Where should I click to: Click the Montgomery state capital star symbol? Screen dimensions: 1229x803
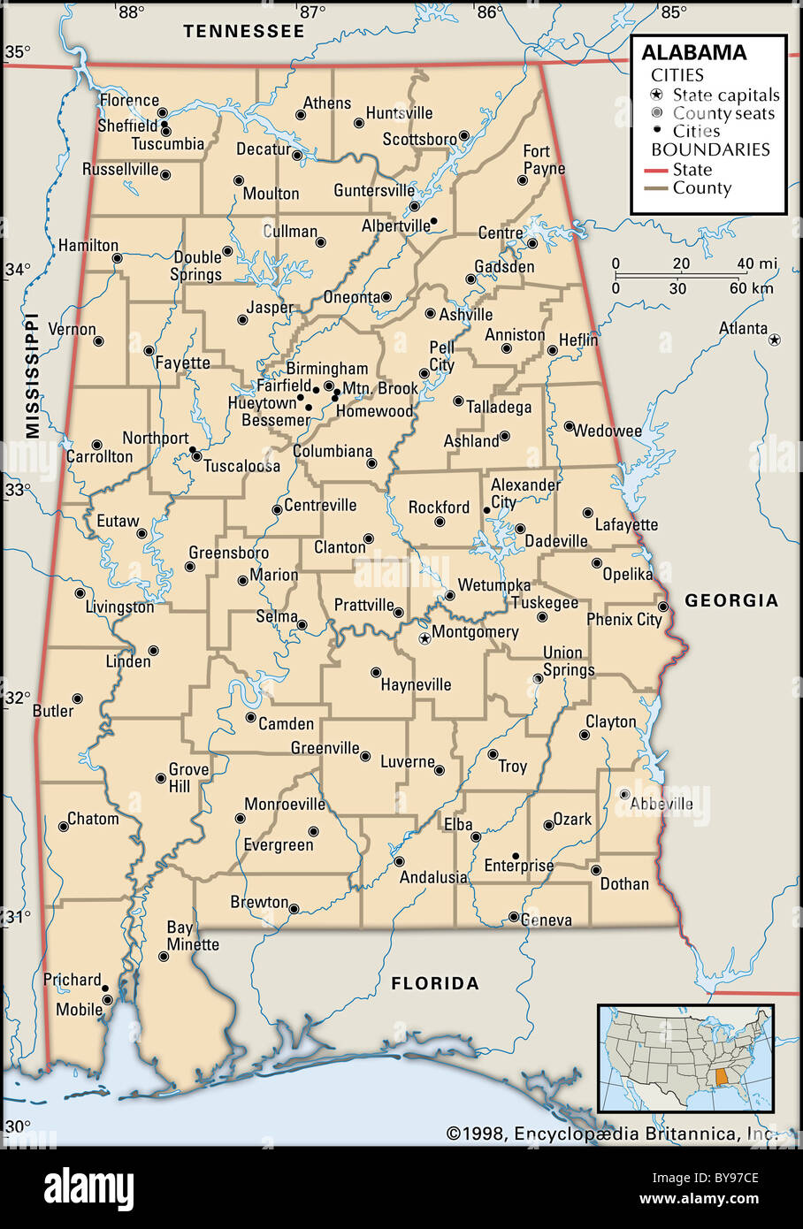[x=424, y=637]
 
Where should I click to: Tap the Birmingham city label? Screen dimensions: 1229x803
[x=326, y=369]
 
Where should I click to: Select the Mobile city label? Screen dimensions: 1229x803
[x=79, y=1009]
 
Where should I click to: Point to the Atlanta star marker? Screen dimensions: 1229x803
[x=775, y=340]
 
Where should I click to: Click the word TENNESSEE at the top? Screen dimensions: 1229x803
[x=243, y=31]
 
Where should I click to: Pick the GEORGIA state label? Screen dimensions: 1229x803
[x=731, y=600]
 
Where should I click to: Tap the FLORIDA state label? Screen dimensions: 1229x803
[x=435, y=982]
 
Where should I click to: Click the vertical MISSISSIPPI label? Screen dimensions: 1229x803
[x=33, y=376]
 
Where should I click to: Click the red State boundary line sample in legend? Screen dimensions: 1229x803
[x=655, y=170]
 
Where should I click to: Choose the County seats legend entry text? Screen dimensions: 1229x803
[x=723, y=113]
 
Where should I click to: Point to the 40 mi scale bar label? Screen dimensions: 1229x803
[x=757, y=263]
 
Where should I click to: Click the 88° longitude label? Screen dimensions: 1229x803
[x=131, y=12]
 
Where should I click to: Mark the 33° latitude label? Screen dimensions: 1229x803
[x=16, y=489]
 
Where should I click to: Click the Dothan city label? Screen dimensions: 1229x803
[x=624, y=883]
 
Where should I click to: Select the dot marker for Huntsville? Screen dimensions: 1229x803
[x=358, y=124]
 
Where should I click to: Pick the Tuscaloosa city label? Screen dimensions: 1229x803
[x=241, y=466]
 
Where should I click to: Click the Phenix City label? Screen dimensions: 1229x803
[x=623, y=620]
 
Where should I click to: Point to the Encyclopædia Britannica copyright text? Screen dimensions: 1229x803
[x=610, y=1134]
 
